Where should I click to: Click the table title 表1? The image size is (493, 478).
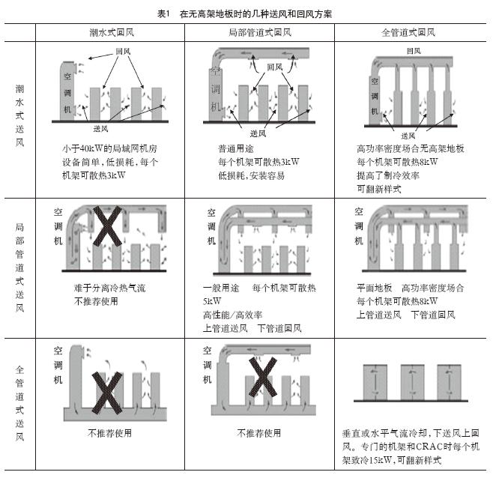click(x=163, y=13)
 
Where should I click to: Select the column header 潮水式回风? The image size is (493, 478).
click(x=112, y=32)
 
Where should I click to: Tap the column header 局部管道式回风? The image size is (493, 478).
click(x=260, y=32)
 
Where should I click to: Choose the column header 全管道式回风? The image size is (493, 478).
click(x=408, y=32)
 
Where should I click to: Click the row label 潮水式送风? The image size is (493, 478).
click(x=19, y=115)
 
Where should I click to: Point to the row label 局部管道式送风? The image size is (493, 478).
click(x=19, y=267)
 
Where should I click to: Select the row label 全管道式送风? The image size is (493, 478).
click(x=19, y=403)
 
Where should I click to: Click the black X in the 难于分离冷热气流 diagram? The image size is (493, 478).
click(x=107, y=226)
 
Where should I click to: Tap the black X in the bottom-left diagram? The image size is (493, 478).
click(x=107, y=393)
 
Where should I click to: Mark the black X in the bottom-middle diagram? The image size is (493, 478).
click(x=263, y=377)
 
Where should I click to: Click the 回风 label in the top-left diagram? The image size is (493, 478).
click(x=123, y=51)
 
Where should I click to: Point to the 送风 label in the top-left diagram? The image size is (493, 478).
click(x=100, y=129)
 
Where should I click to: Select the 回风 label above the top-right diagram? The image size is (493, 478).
click(x=414, y=51)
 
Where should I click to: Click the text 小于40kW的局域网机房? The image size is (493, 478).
click(x=109, y=148)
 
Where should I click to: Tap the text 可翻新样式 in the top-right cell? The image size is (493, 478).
click(x=379, y=189)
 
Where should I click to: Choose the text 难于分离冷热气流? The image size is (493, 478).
click(x=109, y=288)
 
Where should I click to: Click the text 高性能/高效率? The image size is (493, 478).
click(x=232, y=315)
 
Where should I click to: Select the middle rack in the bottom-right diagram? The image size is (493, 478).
click(x=413, y=382)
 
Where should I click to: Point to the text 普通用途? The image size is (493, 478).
click(x=236, y=148)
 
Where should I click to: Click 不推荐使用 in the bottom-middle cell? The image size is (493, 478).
click(x=258, y=433)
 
